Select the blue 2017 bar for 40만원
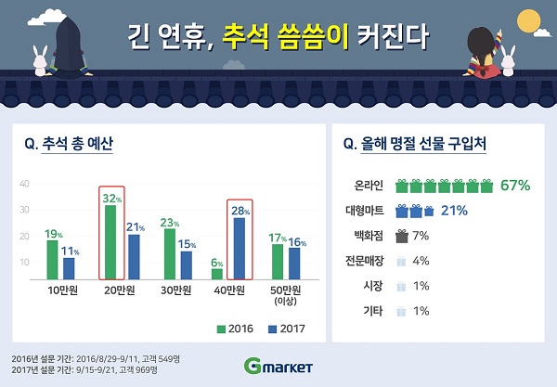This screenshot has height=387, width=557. click(240, 248)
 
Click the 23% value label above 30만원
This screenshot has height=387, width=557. click(169, 222)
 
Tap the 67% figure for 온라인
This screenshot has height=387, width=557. click(515, 185)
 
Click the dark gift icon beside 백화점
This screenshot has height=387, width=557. click(402, 236)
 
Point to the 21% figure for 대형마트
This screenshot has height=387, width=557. click(454, 211)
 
